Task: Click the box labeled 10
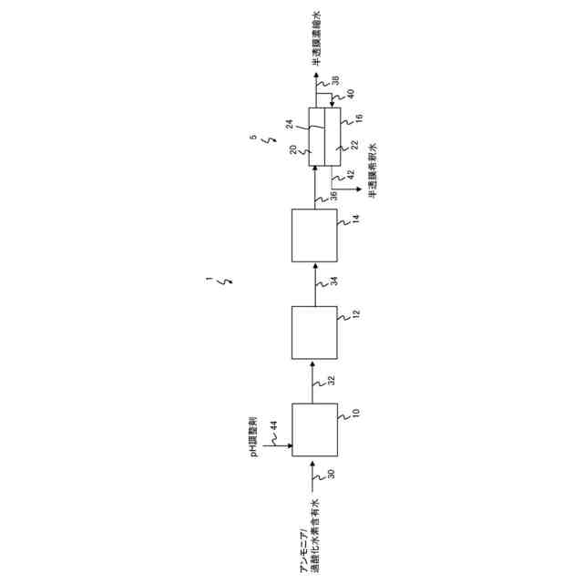(x=313, y=428)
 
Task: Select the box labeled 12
(x=313, y=332)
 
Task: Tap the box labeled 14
(x=313, y=235)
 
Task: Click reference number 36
(x=332, y=195)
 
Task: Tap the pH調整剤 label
(x=258, y=437)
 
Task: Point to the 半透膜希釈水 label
(x=372, y=169)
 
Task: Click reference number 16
(x=359, y=118)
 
